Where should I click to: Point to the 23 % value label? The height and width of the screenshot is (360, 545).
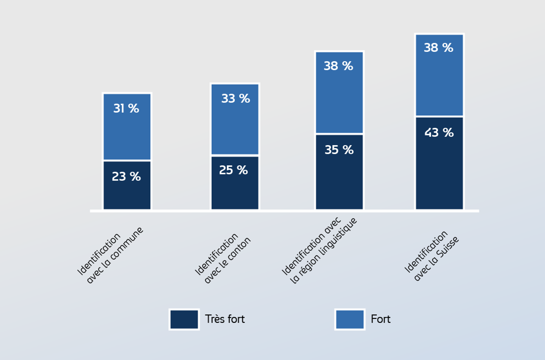coord(126,176)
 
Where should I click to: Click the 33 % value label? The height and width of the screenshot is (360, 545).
coord(235,98)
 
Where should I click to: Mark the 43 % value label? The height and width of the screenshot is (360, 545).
coord(439,133)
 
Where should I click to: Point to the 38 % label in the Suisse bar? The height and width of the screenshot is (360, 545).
coord(438,48)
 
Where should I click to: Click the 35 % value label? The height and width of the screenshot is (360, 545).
coord(339,150)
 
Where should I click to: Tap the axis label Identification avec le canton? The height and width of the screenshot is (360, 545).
coord(223,258)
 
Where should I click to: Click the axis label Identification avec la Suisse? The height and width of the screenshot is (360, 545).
coord(431,255)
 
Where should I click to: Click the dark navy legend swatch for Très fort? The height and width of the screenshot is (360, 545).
coord(184,319)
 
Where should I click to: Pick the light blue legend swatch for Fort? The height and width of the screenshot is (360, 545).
coord(349,319)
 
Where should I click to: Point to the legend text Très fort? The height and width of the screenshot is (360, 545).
coord(225,319)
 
